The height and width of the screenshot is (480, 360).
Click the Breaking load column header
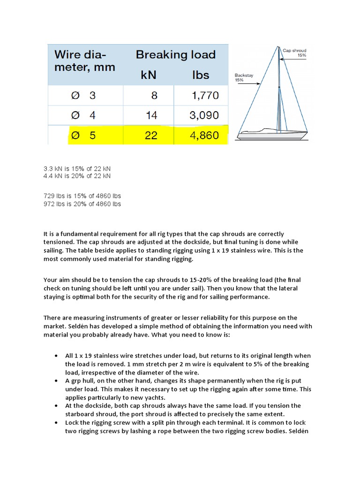(x=175, y=54)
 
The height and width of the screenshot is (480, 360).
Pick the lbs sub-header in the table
(x=200, y=75)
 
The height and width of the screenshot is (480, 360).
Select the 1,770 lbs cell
(x=205, y=96)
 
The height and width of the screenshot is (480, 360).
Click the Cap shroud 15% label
(x=295, y=52)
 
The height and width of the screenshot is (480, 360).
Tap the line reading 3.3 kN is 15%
(x=77, y=168)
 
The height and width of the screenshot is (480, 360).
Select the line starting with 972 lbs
(x=82, y=204)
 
